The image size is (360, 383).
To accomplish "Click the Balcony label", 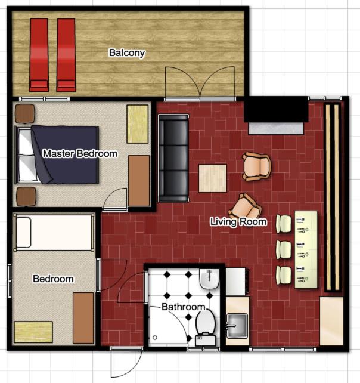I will [x=127, y=53].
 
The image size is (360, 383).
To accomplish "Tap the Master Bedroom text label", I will [x=80, y=154].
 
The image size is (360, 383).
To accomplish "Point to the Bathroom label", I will [x=184, y=307].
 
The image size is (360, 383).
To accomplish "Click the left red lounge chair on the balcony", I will [x=39, y=55].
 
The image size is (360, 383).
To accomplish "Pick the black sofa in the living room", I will [x=173, y=158].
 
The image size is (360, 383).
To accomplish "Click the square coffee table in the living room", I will [x=213, y=178].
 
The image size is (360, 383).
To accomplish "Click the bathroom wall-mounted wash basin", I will [x=210, y=279].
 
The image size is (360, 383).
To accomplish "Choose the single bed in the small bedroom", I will [x=54, y=232].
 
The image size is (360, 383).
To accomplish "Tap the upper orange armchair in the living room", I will [x=257, y=166].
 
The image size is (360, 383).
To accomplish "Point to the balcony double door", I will [x=201, y=83].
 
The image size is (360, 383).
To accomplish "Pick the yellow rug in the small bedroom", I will [x=33, y=332].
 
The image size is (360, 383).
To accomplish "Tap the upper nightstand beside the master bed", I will [x=26, y=113].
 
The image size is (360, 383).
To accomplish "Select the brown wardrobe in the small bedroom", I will [x=83, y=318].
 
